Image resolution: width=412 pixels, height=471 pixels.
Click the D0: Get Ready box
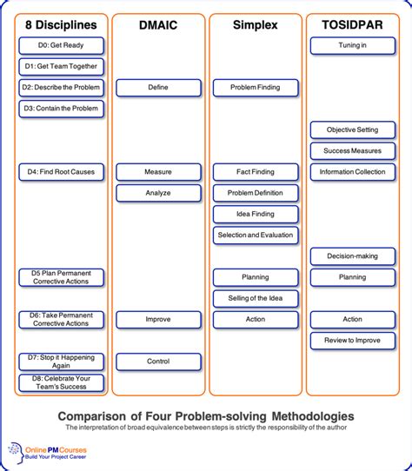click(61, 45)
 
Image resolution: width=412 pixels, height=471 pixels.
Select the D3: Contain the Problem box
click(61, 109)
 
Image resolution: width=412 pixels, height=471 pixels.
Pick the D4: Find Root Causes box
click(61, 172)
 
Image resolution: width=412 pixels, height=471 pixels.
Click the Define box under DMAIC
click(157, 88)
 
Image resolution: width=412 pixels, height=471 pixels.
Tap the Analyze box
click(157, 193)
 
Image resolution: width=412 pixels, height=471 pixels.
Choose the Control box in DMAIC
click(157, 362)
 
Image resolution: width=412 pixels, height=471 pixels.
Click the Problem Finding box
click(255, 88)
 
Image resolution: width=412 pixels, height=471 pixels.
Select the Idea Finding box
click(255, 214)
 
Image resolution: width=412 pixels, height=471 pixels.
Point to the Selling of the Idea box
click(255, 299)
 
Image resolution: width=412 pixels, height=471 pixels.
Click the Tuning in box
click(352, 45)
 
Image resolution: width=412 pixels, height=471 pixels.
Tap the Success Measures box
click(352, 151)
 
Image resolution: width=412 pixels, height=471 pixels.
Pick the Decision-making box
click(352, 256)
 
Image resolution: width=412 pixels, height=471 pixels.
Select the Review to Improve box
click(352, 340)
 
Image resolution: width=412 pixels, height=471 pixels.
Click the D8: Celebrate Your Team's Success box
click(61, 382)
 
